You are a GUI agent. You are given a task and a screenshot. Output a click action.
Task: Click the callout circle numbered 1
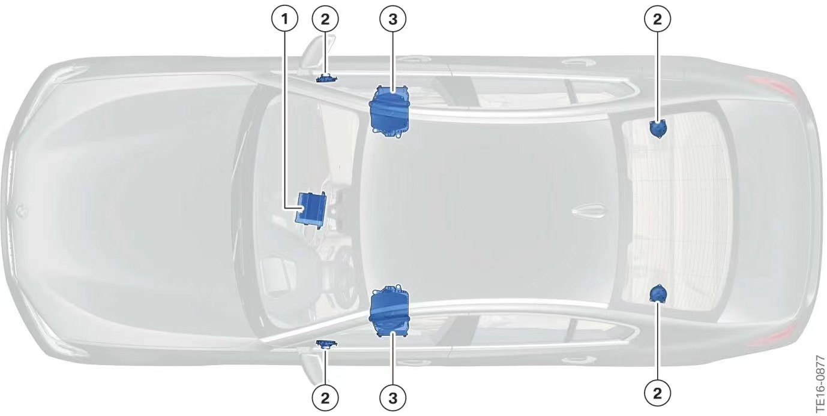(284, 19)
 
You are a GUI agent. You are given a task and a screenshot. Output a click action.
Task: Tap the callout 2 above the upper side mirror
(325, 19)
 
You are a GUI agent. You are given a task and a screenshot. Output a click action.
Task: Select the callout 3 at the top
(393, 19)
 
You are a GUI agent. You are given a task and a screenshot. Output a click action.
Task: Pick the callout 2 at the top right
(658, 19)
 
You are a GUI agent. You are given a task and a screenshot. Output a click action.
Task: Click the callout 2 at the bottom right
(658, 393)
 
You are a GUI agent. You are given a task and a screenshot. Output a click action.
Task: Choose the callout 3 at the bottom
(393, 397)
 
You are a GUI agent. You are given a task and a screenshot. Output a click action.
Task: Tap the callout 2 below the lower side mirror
(325, 397)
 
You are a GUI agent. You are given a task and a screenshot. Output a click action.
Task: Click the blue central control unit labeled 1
(310, 209)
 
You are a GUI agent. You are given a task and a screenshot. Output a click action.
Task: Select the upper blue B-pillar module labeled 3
(390, 112)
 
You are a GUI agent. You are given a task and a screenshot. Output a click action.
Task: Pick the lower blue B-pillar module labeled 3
(390, 311)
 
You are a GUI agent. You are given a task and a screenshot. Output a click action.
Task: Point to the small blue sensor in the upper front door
(326, 79)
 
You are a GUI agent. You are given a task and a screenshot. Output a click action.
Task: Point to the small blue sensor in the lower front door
(326, 343)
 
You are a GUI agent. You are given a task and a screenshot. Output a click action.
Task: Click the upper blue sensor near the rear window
(658, 129)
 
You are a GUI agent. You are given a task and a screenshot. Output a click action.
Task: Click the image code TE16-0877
(820, 384)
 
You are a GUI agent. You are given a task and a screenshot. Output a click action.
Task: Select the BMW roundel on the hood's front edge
(22, 210)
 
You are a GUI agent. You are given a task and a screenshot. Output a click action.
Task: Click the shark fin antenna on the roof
(589, 211)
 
